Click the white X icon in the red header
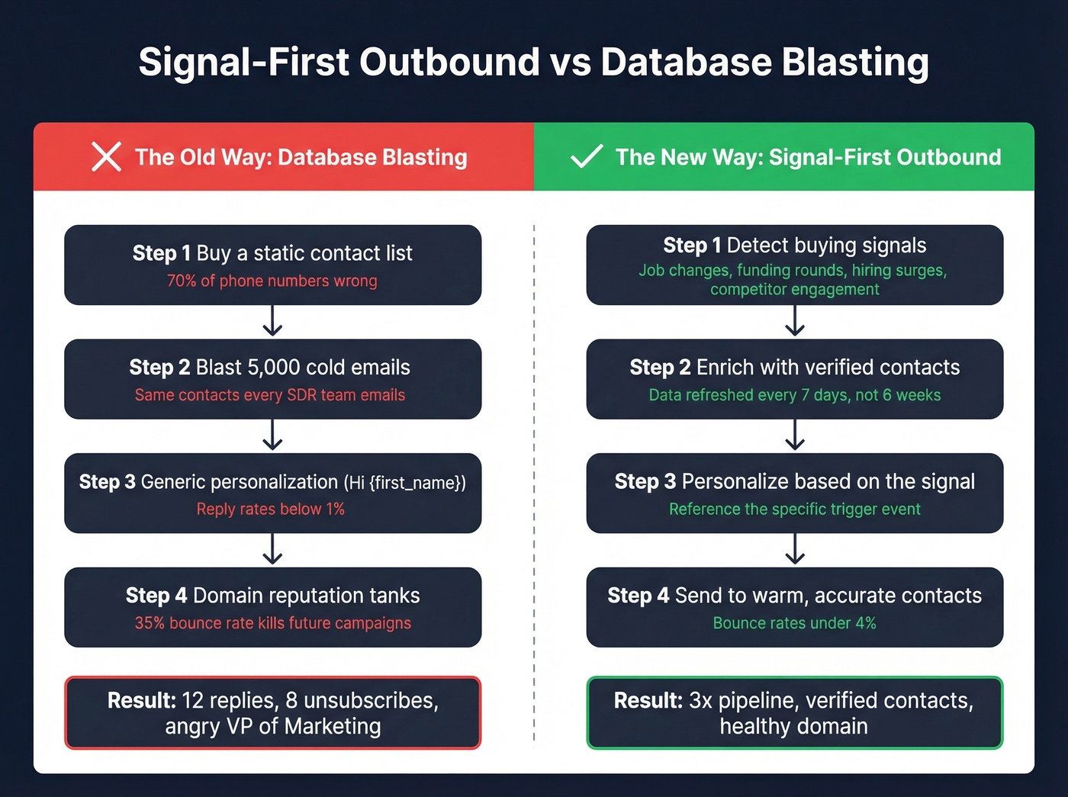click(106, 156)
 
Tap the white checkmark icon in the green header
click(587, 156)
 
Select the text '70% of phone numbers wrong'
click(272, 281)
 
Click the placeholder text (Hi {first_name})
click(404, 482)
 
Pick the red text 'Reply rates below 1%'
click(271, 509)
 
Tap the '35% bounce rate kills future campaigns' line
click(272, 623)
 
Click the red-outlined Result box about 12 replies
click(272, 712)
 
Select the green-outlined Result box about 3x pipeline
click(794, 712)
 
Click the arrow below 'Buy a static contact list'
click(272, 321)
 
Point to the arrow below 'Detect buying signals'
click(795, 321)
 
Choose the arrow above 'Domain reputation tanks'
click(272, 549)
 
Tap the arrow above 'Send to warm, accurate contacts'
click(795, 549)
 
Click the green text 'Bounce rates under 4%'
click(794, 623)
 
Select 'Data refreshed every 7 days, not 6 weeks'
click(794, 395)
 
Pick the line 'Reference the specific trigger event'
click(794, 509)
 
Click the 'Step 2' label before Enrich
click(660, 367)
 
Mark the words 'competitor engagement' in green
click(794, 289)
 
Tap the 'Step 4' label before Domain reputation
click(156, 596)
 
